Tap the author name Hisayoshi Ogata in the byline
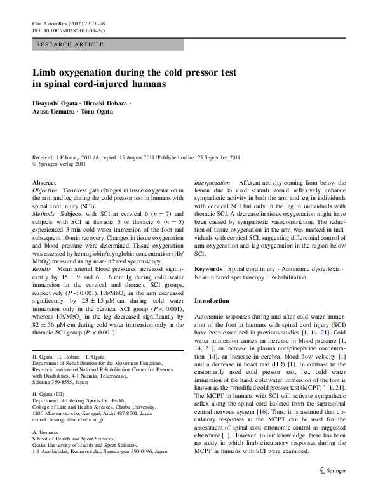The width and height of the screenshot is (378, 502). coord(55,103)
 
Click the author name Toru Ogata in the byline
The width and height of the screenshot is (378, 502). coord(97,112)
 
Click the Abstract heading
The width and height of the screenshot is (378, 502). coord(44,182)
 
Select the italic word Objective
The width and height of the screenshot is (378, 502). coord(44,190)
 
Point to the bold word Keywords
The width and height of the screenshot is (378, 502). coord(208,270)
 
